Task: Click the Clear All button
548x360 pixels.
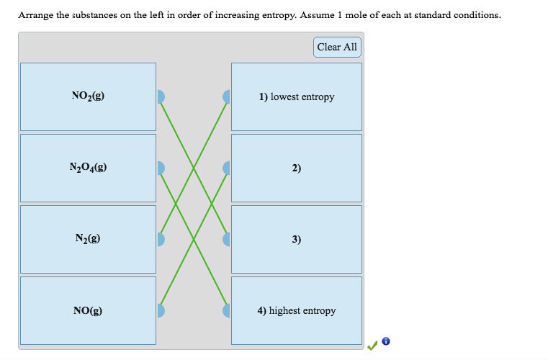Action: (x=337, y=47)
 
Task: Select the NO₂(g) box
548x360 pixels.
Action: (x=88, y=96)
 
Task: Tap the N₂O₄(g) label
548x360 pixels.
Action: (x=88, y=168)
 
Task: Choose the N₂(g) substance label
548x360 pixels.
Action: (x=88, y=239)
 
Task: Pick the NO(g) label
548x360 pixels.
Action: (x=88, y=311)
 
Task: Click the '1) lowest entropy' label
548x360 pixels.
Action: (x=297, y=96)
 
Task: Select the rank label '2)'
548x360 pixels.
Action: (x=297, y=168)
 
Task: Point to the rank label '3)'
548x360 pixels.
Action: (x=297, y=239)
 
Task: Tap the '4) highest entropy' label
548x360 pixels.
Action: (x=297, y=311)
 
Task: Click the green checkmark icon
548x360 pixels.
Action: (x=372, y=346)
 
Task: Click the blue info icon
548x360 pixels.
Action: (x=386, y=341)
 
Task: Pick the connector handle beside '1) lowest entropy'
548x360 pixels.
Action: (x=227, y=96)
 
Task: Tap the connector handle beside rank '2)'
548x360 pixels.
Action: (x=227, y=168)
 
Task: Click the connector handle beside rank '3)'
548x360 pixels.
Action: (x=227, y=239)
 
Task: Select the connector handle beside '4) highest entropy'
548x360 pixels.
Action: (x=227, y=311)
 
